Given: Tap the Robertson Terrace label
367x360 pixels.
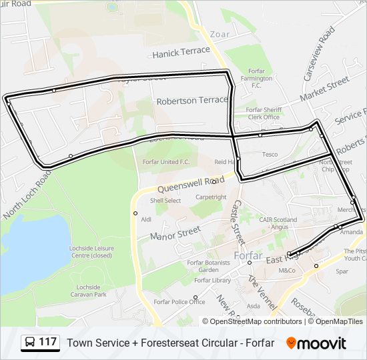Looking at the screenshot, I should click(192, 101).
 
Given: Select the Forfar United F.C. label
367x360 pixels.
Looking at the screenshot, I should click(166, 162).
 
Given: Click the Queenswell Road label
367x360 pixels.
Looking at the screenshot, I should click(196, 180).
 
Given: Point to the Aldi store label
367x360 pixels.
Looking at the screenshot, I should click(147, 219).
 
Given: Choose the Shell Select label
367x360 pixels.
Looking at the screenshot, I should click(165, 200).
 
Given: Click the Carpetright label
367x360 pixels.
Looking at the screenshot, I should click(211, 197).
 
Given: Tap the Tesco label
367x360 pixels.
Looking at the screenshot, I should click(270, 155).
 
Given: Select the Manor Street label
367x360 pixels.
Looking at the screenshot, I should click(175, 233).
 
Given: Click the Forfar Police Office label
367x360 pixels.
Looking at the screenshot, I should click(179, 301).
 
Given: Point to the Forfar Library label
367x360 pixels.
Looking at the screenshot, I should click(212, 280).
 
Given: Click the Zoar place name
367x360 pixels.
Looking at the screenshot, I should click(220, 34).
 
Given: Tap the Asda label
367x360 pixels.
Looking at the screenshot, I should click(254, 306).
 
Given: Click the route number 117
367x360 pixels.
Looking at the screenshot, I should click(47, 342).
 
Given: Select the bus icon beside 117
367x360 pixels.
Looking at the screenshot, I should click(30, 343).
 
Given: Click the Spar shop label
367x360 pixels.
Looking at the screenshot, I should click(342, 271).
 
